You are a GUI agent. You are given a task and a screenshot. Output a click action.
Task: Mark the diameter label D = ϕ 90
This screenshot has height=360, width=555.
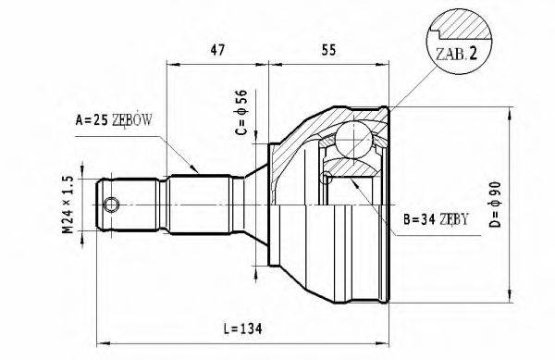point(528,206)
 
